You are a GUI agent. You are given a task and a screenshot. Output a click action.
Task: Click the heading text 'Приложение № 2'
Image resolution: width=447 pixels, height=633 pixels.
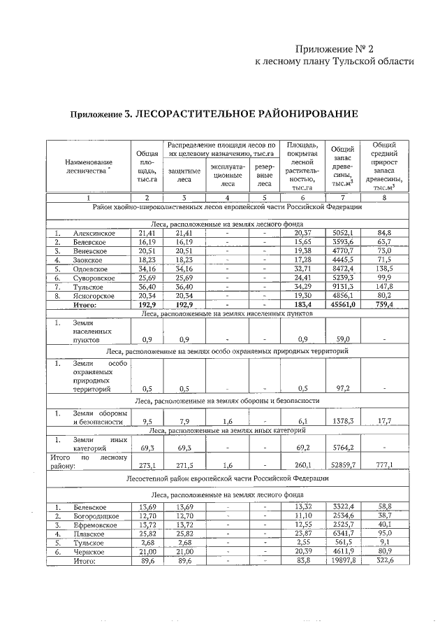335,49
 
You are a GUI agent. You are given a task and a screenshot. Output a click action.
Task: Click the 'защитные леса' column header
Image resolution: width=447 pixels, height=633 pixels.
185,175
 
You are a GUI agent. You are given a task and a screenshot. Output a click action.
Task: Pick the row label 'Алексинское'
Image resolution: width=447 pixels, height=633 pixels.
94,233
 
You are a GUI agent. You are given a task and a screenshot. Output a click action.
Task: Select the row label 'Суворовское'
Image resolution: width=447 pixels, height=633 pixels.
94,278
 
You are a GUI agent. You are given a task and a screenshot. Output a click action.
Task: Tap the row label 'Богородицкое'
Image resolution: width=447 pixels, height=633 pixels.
96,515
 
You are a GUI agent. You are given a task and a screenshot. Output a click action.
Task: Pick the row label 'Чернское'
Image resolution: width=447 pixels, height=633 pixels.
89,551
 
